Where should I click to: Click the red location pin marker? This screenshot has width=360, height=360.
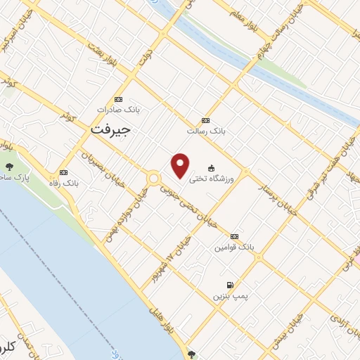point(181,165)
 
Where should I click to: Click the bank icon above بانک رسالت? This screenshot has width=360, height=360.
point(205,120)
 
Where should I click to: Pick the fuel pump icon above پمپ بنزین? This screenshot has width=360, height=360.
point(230,285)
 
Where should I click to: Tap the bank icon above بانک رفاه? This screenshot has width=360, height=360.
point(64,172)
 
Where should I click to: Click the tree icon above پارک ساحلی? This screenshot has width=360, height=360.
point(10,167)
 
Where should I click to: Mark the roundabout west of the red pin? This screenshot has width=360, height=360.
point(153,179)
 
